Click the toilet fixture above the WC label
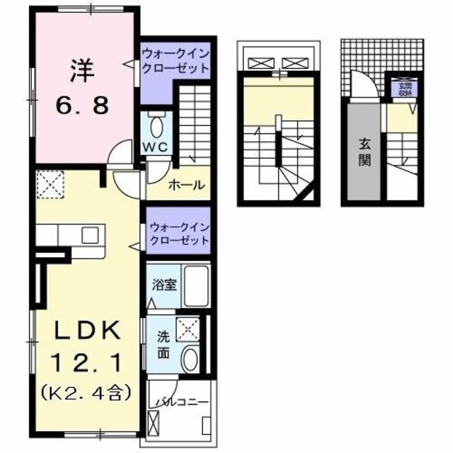156,125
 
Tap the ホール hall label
186,185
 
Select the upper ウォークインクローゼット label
176,62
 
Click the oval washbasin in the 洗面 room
190,359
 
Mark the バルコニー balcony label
182,403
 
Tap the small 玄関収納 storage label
401,88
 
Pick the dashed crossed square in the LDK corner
50,185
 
